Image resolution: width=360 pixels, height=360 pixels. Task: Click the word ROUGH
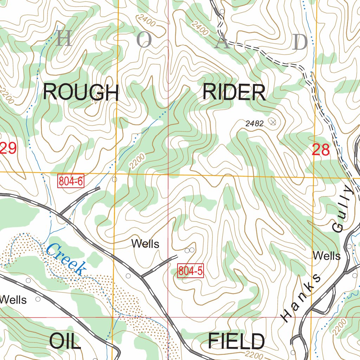tap(81, 93)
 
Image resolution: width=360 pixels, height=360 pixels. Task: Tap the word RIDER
tap(234, 93)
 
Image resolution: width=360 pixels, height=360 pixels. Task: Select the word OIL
tap(65, 341)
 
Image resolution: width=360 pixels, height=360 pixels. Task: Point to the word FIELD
tap(236, 341)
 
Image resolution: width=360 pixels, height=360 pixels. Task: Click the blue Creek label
tap(66, 259)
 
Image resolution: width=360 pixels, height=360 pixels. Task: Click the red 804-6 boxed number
tap(71, 181)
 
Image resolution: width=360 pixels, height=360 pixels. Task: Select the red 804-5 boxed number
tap(191, 271)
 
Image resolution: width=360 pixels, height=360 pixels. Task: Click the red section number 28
tap(321, 150)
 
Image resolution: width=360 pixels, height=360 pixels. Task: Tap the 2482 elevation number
tap(255, 123)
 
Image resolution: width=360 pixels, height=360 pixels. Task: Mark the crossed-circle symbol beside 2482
tap(272, 122)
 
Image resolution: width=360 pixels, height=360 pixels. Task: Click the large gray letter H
tap(64, 39)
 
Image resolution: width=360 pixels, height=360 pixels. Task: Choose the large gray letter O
tap(144, 41)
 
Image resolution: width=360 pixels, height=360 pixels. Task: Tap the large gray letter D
tap(300, 42)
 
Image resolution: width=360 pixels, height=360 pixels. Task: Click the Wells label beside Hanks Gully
tap(327, 256)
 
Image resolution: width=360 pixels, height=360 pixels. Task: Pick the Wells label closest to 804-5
tap(145, 244)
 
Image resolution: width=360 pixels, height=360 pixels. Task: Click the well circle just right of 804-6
tap(114, 179)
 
